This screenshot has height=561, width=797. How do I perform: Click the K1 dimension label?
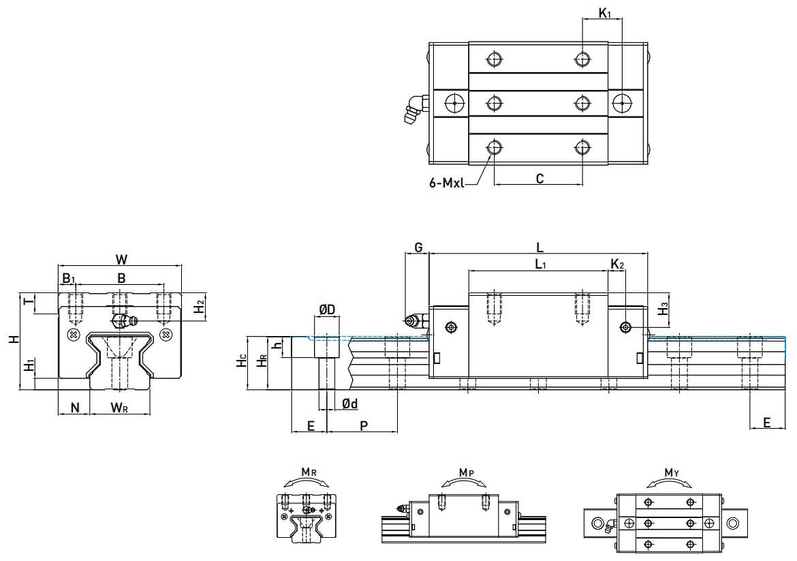[x=604, y=12]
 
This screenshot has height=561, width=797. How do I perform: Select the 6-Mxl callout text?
[x=447, y=182]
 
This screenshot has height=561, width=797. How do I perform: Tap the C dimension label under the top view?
[x=540, y=179]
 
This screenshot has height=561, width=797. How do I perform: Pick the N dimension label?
[x=76, y=408]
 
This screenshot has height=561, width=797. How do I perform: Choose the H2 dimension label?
[x=198, y=306]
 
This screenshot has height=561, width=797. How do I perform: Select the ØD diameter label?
[x=327, y=310]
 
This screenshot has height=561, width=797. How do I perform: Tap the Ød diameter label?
[x=350, y=404]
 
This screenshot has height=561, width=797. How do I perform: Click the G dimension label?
[x=418, y=247]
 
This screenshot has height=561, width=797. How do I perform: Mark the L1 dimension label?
[x=540, y=263]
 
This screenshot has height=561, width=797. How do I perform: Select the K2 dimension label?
[x=617, y=263]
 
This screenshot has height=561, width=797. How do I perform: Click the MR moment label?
[x=308, y=472]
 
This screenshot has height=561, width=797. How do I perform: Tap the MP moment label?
[x=466, y=472]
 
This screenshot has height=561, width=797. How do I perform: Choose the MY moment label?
[x=671, y=472]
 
